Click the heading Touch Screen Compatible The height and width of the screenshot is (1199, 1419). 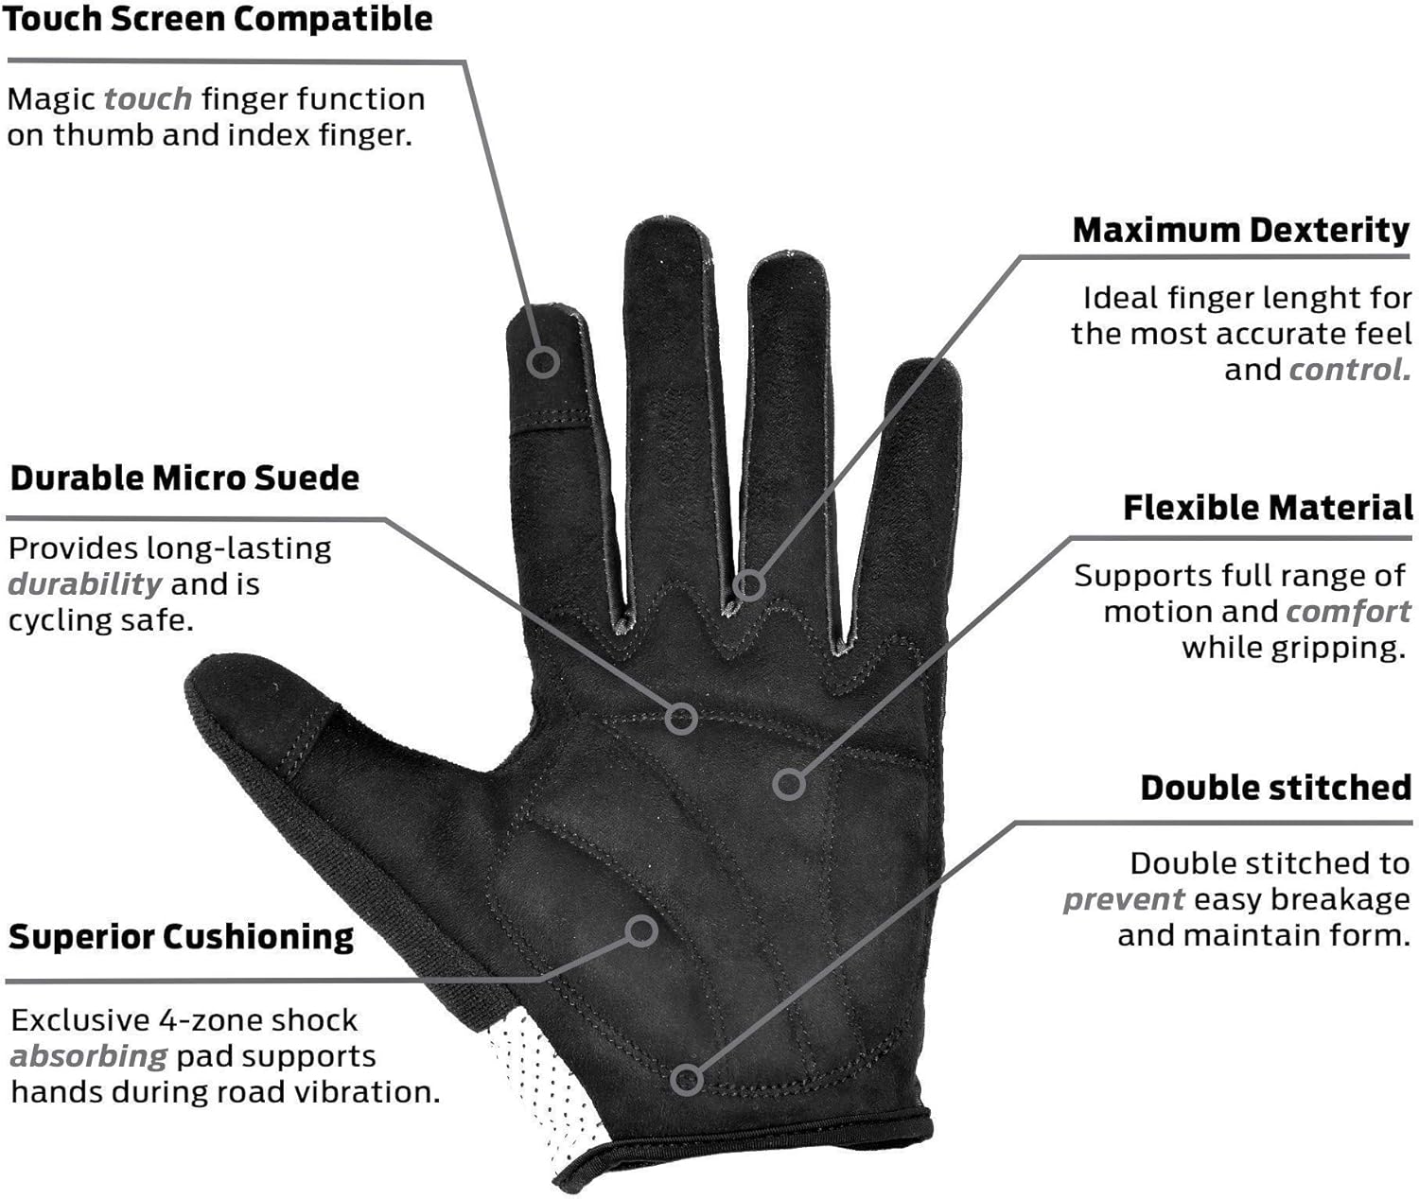click(218, 20)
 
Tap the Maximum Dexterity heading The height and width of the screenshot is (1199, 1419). click(1240, 230)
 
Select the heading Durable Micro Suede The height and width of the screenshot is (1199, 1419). click(184, 478)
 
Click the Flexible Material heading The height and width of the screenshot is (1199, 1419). click(1268, 508)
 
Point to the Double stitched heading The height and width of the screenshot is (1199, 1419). click(1275, 788)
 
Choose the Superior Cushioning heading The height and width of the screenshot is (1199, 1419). click(182, 936)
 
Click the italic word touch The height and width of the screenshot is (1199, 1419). click(148, 98)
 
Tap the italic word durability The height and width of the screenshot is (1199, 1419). click(85, 583)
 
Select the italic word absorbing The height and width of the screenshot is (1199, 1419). click(89, 1055)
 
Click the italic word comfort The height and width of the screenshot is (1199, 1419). click(1348, 612)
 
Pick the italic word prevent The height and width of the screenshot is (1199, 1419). click(1123, 899)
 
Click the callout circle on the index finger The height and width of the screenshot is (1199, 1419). click(543, 360)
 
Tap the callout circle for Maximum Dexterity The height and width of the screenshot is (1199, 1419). click(748, 585)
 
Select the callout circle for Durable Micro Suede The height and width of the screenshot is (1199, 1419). click(681, 719)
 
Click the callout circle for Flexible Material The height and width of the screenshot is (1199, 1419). click(789, 784)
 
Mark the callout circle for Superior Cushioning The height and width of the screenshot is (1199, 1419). click(642, 930)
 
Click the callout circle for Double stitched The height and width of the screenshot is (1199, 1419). click(688, 1079)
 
